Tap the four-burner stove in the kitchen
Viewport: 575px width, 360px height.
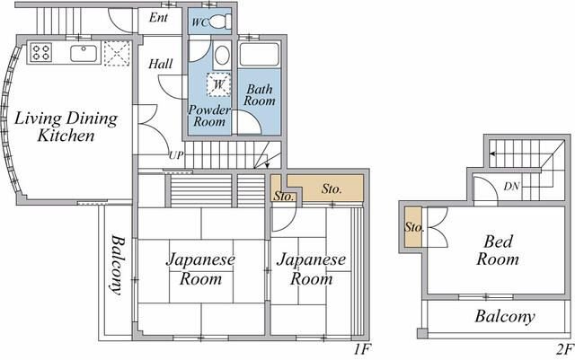pos(40,52)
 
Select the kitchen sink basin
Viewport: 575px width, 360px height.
pos(84,53)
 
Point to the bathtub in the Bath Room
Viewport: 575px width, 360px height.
pos(259,55)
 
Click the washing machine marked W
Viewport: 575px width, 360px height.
pos(218,84)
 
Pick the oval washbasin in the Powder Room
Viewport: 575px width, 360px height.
pos(222,56)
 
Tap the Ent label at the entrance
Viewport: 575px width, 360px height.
pos(158,17)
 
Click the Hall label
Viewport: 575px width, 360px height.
pos(160,64)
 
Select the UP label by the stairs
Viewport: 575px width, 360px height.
pos(176,155)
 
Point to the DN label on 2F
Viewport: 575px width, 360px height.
pos(511,187)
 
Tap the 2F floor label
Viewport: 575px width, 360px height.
pos(564,349)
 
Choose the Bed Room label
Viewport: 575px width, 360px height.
pos(498,250)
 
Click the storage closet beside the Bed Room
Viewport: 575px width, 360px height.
pos(413,227)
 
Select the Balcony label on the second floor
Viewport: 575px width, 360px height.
pos(505,316)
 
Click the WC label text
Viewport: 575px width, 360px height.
pos(200,22)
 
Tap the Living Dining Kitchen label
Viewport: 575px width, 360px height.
pos(66,127)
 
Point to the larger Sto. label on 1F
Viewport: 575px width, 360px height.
pos(332,189)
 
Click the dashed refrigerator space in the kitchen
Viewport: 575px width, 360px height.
pos(117,54)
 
